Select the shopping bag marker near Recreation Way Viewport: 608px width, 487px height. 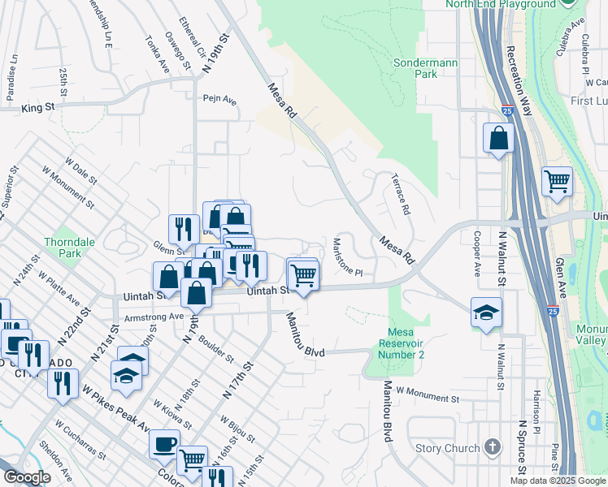coord(498,139)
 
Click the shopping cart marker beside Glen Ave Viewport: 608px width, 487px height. coord(557,183)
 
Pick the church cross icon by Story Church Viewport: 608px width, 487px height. coord(491,446)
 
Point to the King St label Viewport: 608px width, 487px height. coord(38,107)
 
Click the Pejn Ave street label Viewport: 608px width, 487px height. coord(219,101)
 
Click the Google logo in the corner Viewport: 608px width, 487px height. coord(27,477)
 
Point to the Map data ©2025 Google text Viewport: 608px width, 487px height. coord(558,481)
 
